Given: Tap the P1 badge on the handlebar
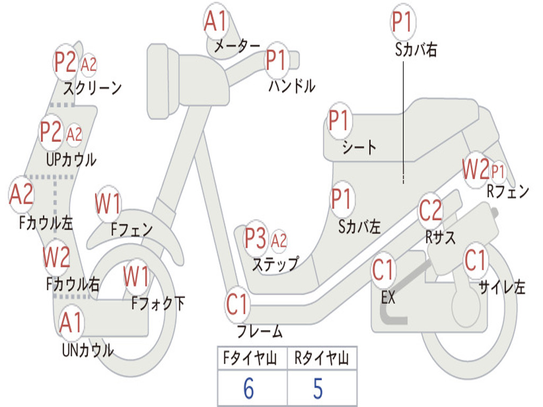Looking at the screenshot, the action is pyautogui.click(x=276, y=60).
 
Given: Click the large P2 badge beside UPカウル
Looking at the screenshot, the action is pyautogui.click(x=51, y=132).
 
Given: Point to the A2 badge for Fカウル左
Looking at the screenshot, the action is pyautogui.click(x=22, y=194).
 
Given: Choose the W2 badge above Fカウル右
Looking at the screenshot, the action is pyautogui.click(x=56, y=257).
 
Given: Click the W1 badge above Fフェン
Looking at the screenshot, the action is pyautogui.click(x=108, y=203).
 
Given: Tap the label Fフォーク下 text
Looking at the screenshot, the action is pyautogui.click(x=158, y=303).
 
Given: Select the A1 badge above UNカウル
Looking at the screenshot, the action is pyautogui.click(x=71, y=322).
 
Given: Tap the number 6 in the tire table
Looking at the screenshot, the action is pyautogui.click(x=248, y=388).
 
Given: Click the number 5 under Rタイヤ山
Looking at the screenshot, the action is pyautogui.click(x=318, y=388).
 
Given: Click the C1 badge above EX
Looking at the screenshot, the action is pyautogui.click(x=383, y=270).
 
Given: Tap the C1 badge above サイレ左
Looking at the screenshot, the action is pyautogui.click(x=475, y=260).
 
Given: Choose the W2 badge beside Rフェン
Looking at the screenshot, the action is pyautogui.click(x=475, y=170).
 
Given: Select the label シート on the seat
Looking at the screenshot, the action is pyautogui.click(x=359, y=147).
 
